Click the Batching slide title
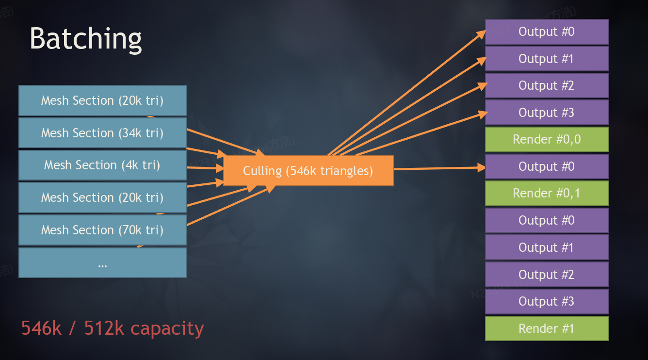pos(86,38)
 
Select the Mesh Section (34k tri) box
pos(102,133)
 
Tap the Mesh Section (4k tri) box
pos(102,165)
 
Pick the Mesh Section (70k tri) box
pos(102,230)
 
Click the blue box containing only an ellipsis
pos(102,263)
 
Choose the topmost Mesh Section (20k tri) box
pos(102,100)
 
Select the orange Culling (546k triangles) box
pos(308,171)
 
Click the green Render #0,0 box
pos(547,140)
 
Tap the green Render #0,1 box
pos(547,194)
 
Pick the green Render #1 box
pos(547,328)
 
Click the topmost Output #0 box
pos(547,32)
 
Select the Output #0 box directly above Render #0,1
pos(547,166)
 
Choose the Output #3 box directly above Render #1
pos(547,301)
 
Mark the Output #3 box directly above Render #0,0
pos(547,113)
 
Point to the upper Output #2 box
pos(547,86)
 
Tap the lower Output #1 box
pos(547,247)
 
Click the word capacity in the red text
pos(167,329)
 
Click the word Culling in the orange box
pos(262,171)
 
